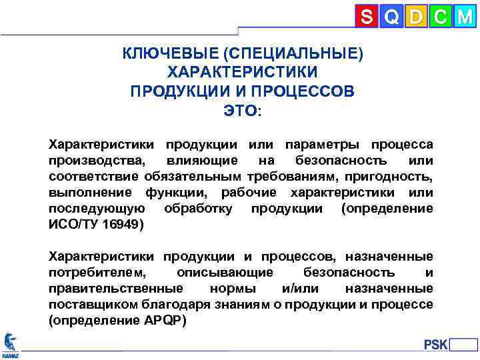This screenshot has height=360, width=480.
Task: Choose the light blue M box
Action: (x=464, y=16)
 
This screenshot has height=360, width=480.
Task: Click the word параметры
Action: (x=314, y=145)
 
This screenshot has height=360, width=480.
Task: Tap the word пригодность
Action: (x=397, y=177)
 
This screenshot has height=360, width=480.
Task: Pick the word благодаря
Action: (x=177, y=305)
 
